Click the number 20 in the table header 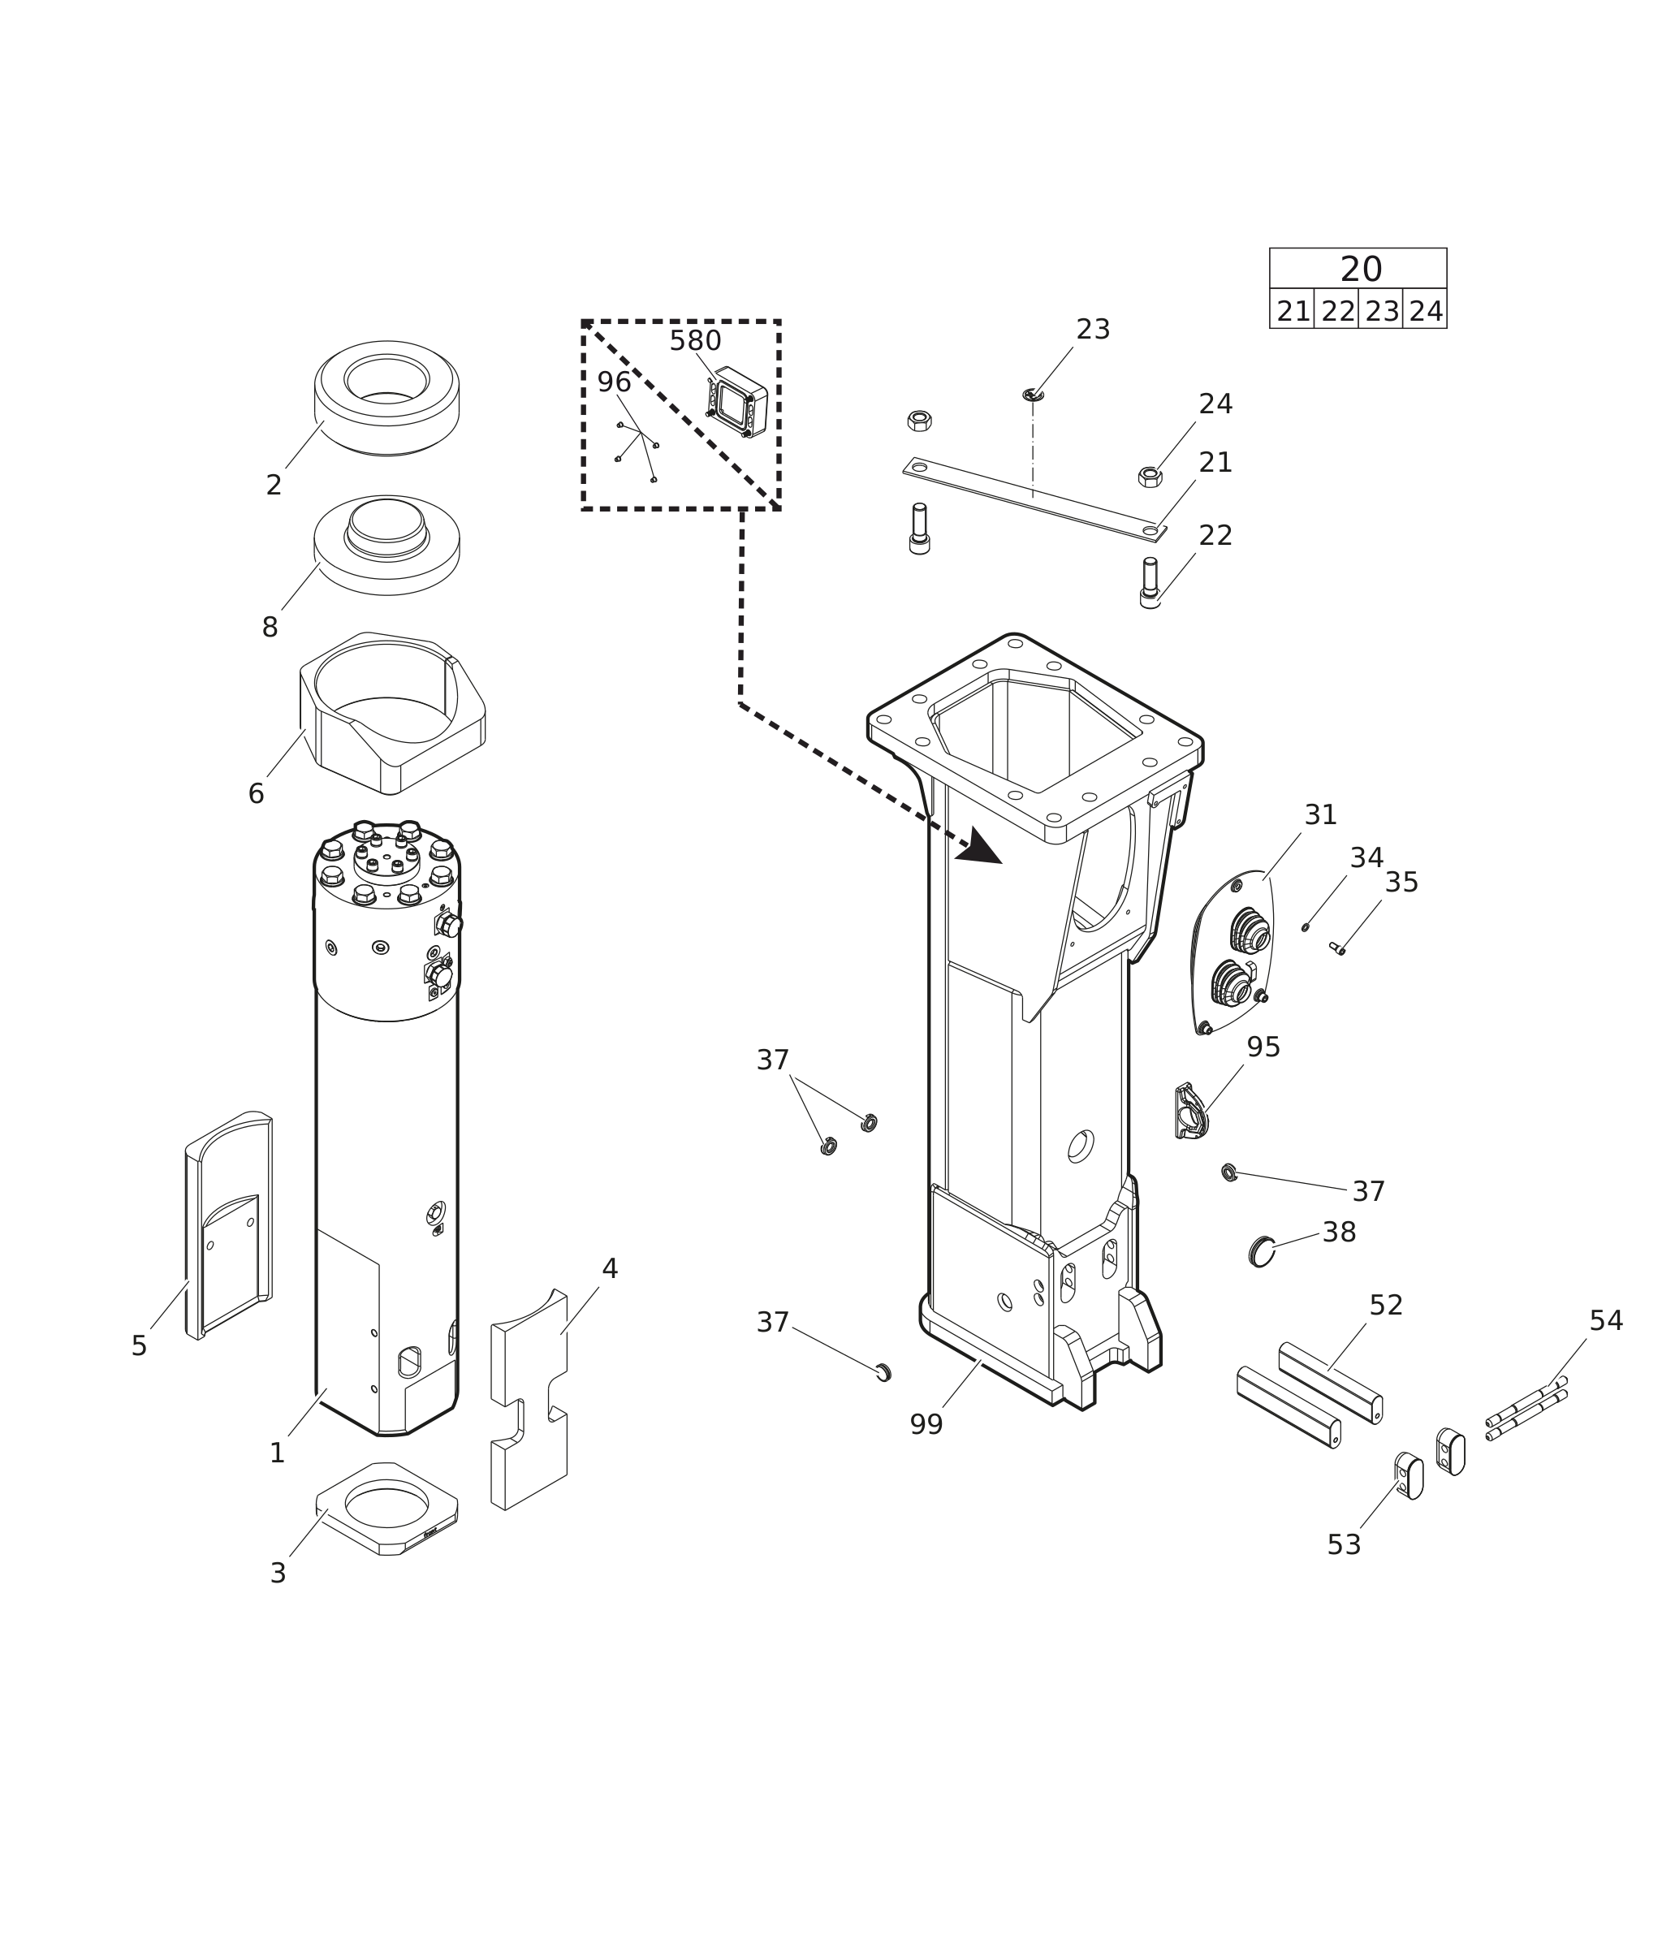[x=1361, y=270]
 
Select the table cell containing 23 [x=1381, y=311]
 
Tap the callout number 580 [x=695, y=340]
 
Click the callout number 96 [x=615, y=382]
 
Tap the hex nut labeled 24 [x=1150, y=477]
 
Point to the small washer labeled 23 [x=1033, y=394]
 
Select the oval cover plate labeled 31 [x=1233, y=952]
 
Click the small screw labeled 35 [x=1336, y=948]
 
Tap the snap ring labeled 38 [x=1262, y=1252]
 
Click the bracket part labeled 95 [x=1191, y=1112]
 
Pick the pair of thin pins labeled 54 [x=1526, y=1408]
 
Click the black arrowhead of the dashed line [x=980, y=847]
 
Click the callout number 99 [x=926, y=1425]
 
